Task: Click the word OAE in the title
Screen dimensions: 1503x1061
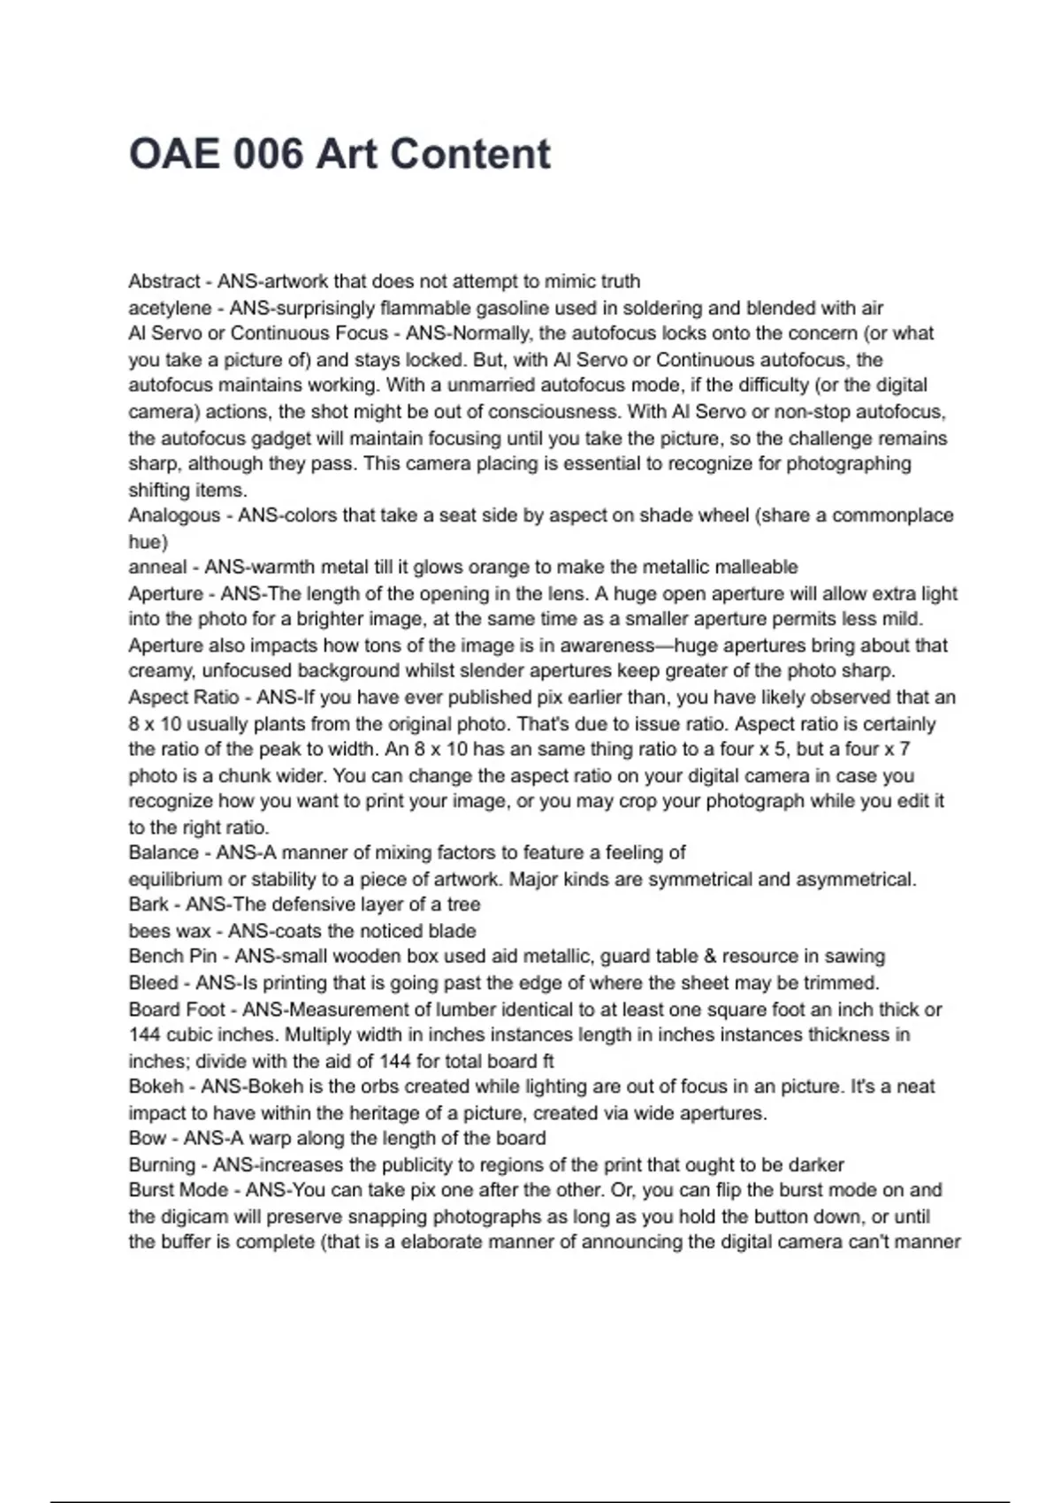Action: click(173, 154)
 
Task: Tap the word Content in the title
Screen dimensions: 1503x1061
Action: click(469, 154)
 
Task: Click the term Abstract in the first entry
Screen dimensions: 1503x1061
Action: click(164, 281)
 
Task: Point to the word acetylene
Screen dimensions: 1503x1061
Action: click(170, 308)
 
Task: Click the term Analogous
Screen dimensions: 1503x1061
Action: click(174, 515)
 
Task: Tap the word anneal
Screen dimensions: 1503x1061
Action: click(157, 568)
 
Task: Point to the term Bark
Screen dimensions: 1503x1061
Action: click(148, 904)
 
